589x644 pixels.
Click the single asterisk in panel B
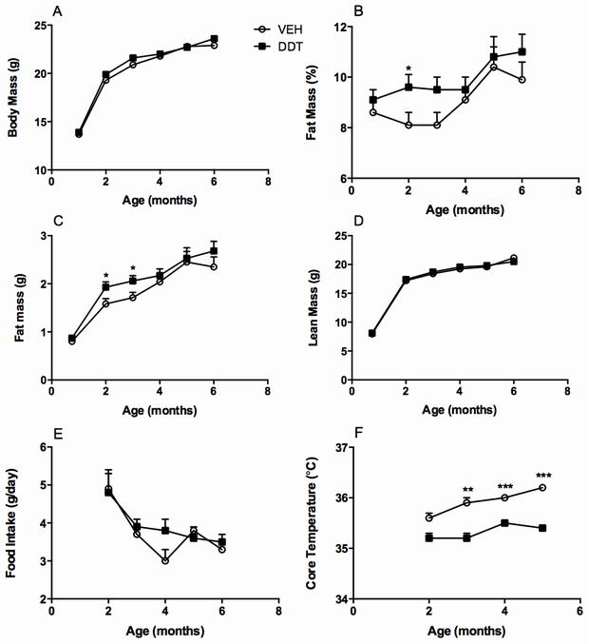pyautogui.click(x=408, y=69)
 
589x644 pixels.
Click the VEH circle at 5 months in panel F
pyautogui.click(x=541, y=487)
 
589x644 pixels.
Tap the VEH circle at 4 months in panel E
pyautogui.click(x=164, y=560)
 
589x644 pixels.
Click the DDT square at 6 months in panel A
pyautogui.click(x=214, y=39)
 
